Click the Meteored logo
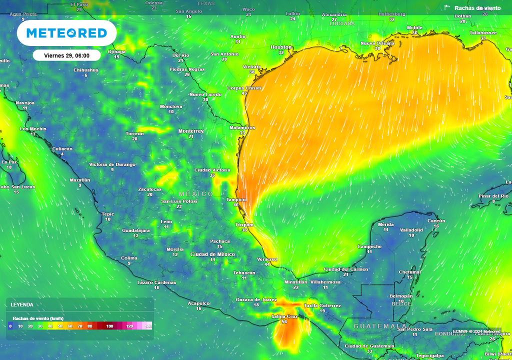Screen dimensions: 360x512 click(x=66, y=33)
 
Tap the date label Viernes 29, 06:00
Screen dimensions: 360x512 click(x=66, y=55)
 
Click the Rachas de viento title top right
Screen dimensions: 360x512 click(x=477, y=8)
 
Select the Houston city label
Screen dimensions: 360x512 click(x=280, y=47)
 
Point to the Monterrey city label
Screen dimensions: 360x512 click(x=191, y=131)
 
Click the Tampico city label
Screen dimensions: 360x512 click(x=236, y=199)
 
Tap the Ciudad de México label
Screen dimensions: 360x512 click(x=212, y=254)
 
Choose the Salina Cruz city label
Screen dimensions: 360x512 click(x=284, y=316)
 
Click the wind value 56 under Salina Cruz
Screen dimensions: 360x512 click(x=284, y=322)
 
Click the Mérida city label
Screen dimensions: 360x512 click(x=385, y=224)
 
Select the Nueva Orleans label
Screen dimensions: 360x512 click(x=377, y=43)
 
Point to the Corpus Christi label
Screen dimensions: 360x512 click(x=244, y=88)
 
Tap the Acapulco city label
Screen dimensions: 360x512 click(x=198, y=303)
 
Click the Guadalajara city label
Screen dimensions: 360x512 click(x=136, y=230)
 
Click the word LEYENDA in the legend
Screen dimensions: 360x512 click(x=22, y=304)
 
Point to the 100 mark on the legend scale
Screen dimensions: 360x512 click(x=109, y=326)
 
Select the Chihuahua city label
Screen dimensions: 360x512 click(x=86, y=70)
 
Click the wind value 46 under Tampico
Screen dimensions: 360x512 click(x=236, y=205)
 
